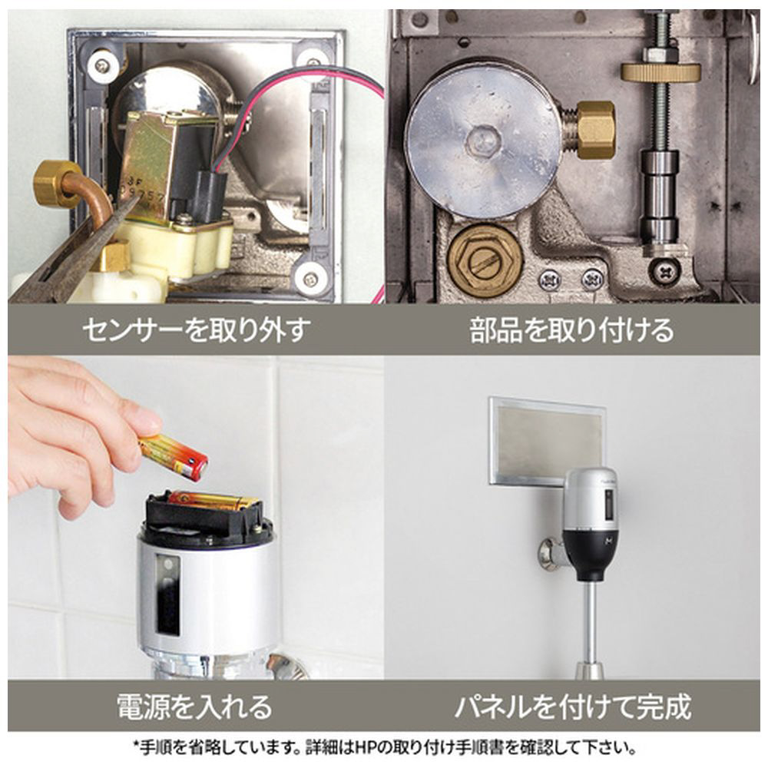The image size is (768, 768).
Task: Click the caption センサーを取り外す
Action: [x=196, y=329]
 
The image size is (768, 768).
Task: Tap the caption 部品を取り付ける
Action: [x=571, y=329]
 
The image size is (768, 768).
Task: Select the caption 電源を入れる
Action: [x=194, y=707]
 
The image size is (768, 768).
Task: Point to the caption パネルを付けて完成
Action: [x=573, y=707]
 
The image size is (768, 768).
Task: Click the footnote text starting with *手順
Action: [x=385, y=747]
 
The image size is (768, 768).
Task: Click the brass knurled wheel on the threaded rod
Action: [x=660, y=72]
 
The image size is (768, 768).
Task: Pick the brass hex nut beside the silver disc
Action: [x=594, y=131]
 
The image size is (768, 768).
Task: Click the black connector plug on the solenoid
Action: [x=210, y=194]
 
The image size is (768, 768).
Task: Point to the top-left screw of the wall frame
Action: [x=102, y=65]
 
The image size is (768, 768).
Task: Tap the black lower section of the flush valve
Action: [x=589, y=554]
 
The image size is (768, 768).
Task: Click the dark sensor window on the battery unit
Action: [x=167, y=595]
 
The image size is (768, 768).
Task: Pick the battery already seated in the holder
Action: [x=214, y=501]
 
